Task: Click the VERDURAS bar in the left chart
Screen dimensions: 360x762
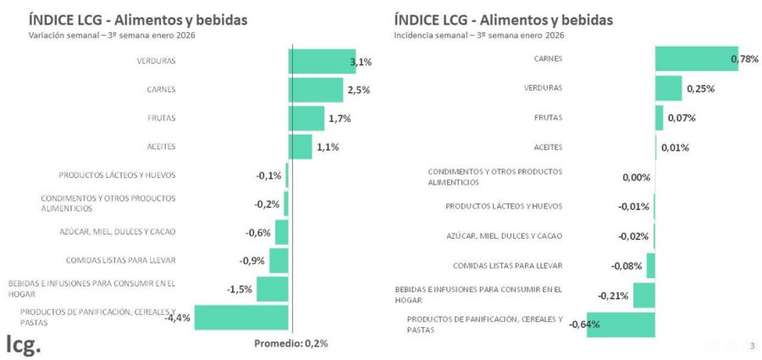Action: pos(322,61)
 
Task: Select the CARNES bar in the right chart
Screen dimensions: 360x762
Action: pos(696,58)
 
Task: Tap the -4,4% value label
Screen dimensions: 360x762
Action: pos(177,318)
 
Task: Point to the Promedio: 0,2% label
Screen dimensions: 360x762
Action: pos(291,343)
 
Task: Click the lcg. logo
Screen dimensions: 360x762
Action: pos(23,344)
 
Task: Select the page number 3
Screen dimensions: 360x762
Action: pos(752,345)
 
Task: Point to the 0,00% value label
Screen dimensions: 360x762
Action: pos(636,177)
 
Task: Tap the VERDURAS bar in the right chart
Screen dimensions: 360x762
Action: pos(668,88)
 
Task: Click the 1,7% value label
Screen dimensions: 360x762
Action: pos(340,119)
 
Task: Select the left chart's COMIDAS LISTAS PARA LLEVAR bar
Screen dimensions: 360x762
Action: pos(279,260)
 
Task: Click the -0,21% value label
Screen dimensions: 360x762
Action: pos(613,296)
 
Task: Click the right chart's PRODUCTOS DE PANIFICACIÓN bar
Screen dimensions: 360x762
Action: pos(621,324)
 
